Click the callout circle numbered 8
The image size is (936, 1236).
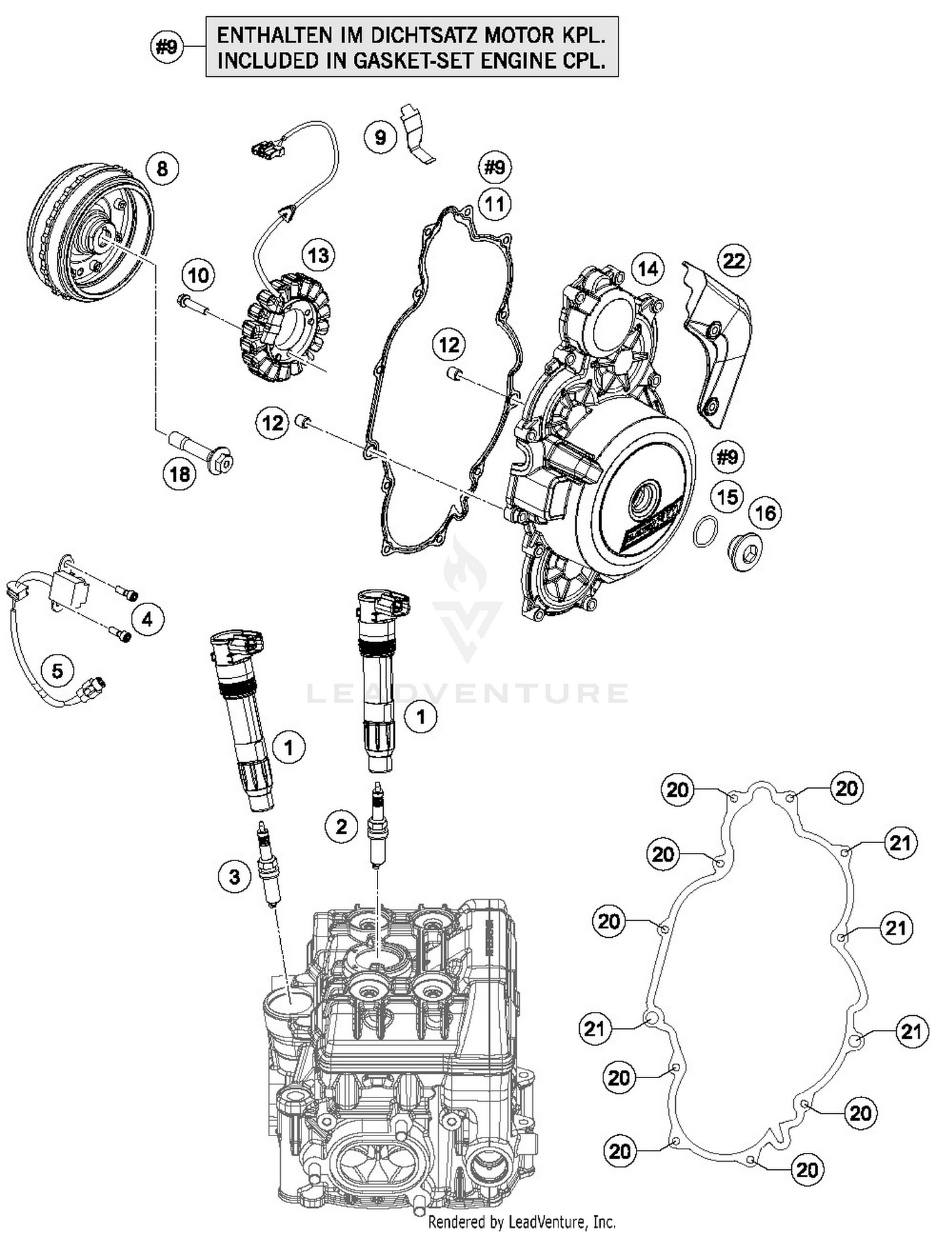[x=162, y=168]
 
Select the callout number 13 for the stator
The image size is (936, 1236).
[x=318, y=255]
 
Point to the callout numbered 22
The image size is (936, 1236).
[x=734, y=260]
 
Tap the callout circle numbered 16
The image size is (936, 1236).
[x=765, y=513]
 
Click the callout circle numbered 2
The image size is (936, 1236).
[x=341, y=827]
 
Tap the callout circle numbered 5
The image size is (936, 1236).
[x=57, y=671]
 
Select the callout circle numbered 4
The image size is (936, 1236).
[x=147, y=619]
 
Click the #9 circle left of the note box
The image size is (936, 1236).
[x=167, y=47]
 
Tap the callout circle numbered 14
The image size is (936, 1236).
[x=648, y=269]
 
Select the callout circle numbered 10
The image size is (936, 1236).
[x=198, y=275]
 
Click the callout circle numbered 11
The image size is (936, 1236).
[x=495, y=203]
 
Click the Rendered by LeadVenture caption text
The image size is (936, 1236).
[x=522, y=1221]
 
